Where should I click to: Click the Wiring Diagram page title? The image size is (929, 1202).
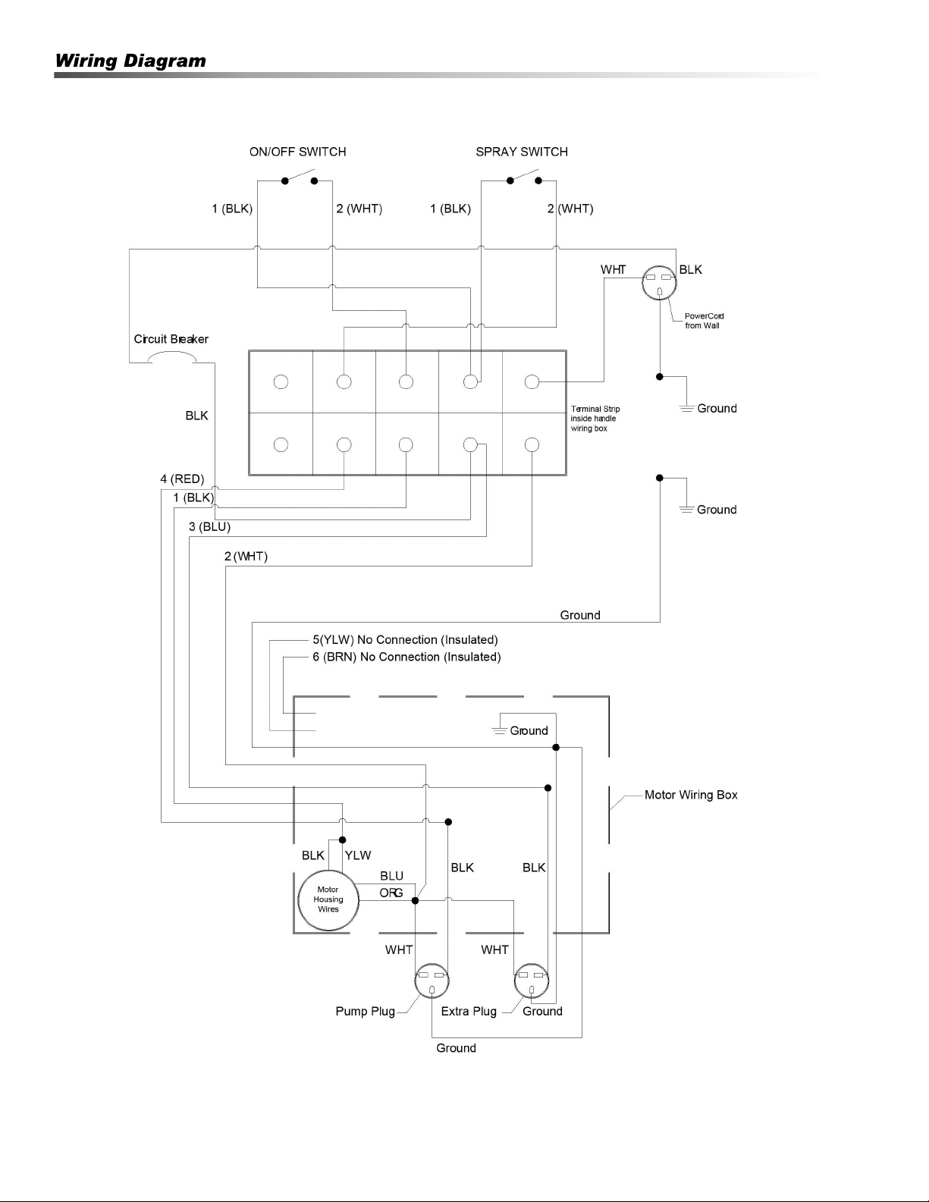click(x=130, y=61)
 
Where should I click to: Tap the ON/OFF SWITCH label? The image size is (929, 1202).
click(x=297, y=152)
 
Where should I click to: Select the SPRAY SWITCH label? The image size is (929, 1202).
click(x=522, y=152)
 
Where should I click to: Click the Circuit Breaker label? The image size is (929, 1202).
click(x=171, y=339)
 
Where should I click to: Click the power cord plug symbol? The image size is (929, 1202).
click(x=659, y=283)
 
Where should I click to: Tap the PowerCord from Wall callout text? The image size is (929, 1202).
click(x=704, y=321)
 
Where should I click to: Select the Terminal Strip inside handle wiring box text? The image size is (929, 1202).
click(x=595, y=418)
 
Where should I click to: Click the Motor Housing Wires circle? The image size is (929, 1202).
click(x=328, y=900)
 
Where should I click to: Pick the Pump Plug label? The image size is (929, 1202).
click(x=365, y=1011)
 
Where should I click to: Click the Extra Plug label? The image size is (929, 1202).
click(x=469, y=1011)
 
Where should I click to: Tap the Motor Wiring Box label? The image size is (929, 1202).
click(x=691, y=795)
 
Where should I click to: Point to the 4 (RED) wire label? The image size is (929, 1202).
click(x=182, y=479)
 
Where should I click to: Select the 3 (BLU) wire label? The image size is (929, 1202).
click(x=209, y=526)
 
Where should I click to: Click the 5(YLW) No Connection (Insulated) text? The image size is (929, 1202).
click(x=405, y=639)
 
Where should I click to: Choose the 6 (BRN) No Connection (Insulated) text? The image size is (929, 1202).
click(x=406, y=657)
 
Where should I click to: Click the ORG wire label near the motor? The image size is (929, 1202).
click(x=391, y=893)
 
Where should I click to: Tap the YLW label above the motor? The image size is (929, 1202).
click(x=358, y=855)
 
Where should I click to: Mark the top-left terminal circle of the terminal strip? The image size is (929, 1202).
click(x=281, y=381)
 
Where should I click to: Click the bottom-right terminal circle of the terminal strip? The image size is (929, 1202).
click(x=532, y=444)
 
